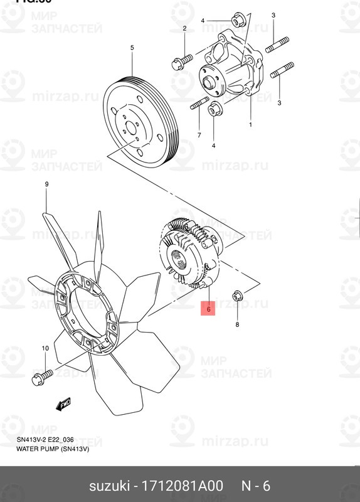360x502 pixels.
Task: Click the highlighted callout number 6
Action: tap(207, 308)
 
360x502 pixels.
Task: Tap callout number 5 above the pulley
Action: tap(132, 48)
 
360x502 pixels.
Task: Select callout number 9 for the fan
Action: tap(46, 184)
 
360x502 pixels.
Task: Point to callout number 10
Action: tap(45, 348)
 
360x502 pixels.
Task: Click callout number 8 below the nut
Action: tap(237, 324)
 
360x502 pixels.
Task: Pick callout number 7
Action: tap(199, 135)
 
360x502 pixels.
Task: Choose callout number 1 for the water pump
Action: tap(250, 125)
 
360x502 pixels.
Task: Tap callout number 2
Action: tap(184, 29)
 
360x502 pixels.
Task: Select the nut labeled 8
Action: tap(238, 295)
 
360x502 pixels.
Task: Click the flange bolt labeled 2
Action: tap(179, 61)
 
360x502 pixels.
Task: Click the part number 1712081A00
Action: tap(183, 486)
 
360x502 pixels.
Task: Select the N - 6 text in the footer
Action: tap(257, 486)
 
